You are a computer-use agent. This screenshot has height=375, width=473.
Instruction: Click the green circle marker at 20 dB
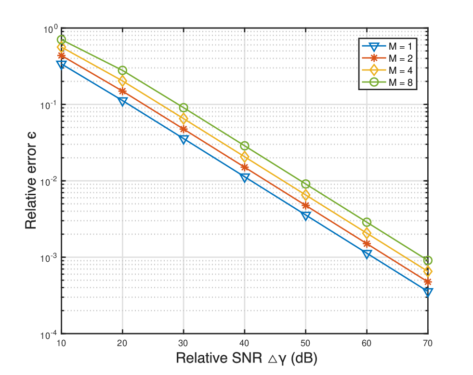(122, 70)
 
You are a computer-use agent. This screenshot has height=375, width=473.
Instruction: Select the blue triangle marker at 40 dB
(244, 177)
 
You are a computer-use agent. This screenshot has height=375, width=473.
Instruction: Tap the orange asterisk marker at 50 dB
(305, 206)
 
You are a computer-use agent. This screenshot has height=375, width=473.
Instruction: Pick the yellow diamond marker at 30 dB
(184, 119)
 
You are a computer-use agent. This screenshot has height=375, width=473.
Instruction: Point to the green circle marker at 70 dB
(428, 260)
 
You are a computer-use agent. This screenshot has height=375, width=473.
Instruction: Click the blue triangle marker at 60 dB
(367, 254)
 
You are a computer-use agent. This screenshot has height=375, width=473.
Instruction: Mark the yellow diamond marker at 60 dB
(367, 233)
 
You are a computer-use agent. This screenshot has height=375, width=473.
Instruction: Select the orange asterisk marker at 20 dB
(122, 91)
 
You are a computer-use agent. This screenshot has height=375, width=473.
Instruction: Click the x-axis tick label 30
(183, 343)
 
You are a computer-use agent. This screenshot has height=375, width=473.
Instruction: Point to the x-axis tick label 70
(428, 343)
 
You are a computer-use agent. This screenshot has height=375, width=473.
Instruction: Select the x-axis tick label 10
(61, 343)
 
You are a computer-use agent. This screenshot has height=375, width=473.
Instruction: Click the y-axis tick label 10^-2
(49, 182)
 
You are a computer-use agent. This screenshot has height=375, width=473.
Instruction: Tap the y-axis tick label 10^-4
(49, 335)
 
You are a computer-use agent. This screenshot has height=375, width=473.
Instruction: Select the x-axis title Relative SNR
(219, 358)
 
